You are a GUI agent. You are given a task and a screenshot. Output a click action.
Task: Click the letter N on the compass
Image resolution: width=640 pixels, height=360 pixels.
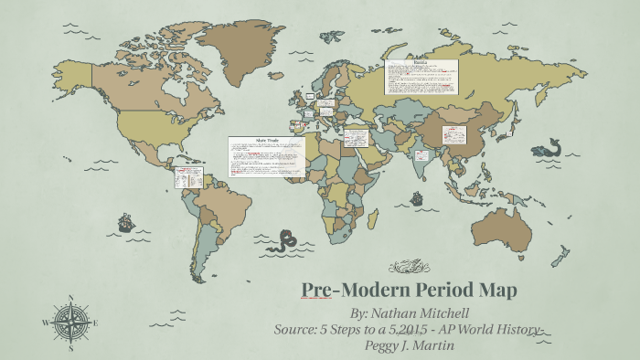tap(71, 297)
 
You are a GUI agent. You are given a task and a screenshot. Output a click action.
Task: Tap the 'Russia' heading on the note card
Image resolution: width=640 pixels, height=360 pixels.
tap(421, 64)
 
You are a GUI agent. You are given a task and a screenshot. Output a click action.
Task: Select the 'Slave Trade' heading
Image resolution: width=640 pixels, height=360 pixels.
tap(266, 141)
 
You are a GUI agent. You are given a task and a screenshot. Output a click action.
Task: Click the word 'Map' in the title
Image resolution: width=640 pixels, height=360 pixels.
tap(497, 290)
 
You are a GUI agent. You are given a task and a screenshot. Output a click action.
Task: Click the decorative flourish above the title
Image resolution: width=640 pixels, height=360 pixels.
tap(409, 267)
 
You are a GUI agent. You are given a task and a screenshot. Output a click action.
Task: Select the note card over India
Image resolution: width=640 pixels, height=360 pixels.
tap(422, 155)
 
